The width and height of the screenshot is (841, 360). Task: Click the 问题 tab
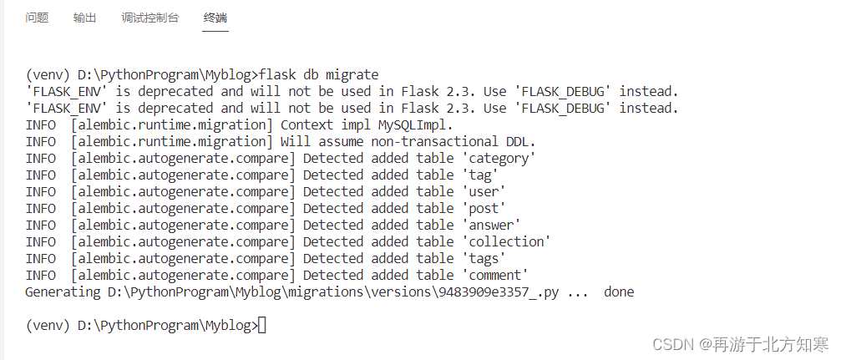coord(37,18)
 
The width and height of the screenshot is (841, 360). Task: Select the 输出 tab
coord(84,18)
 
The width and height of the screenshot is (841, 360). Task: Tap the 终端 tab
coord(215,18)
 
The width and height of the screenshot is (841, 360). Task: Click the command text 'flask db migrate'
coord(321,74)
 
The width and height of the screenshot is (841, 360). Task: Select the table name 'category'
coord(499,158)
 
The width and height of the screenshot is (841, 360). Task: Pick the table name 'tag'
coord(480,175)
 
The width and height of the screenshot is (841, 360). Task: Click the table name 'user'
coord(484,191)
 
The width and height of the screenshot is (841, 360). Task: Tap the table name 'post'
coord(484,208)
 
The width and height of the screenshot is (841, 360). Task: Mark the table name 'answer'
coord(491,225)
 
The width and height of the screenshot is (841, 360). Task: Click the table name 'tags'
coord(484,258)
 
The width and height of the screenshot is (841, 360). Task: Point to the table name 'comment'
coord(495,275)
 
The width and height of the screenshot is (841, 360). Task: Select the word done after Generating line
coord(619,292)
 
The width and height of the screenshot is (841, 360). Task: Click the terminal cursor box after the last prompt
coord(262,325)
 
